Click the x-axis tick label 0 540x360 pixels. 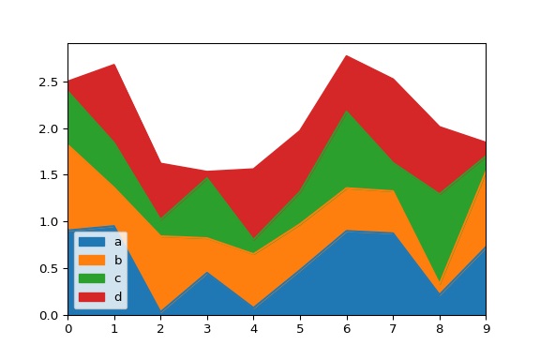67,328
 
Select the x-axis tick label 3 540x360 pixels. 207,328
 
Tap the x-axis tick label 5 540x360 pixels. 300,328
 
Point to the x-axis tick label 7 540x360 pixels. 393,328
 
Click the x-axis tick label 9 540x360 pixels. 486,328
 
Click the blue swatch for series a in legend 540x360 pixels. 92,242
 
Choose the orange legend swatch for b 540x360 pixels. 92,261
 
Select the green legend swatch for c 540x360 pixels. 92,279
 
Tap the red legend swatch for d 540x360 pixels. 92,298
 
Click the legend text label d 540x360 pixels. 118,298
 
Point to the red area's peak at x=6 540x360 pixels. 346,55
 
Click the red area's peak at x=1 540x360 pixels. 114,64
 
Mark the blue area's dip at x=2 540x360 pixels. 160,311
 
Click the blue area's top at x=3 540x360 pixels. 207,272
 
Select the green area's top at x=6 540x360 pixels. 346,111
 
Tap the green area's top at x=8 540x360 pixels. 440,193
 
